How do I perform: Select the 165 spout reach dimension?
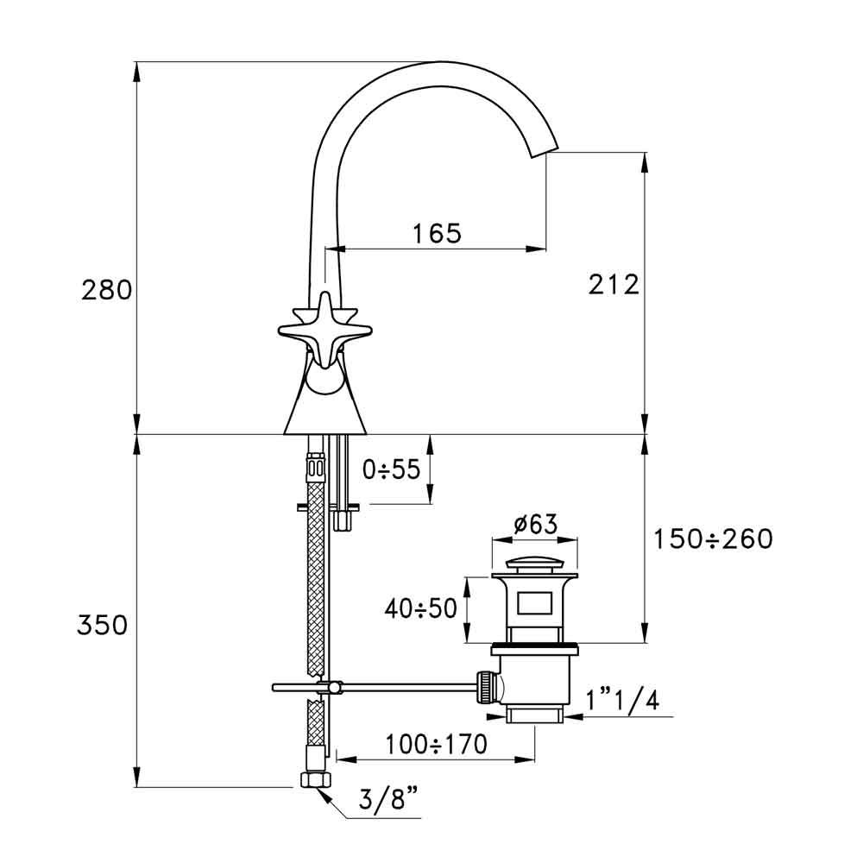436,233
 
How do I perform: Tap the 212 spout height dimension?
614,284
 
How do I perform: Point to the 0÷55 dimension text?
391,469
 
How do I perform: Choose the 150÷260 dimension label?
713,539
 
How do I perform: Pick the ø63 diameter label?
534,524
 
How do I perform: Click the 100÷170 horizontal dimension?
437,744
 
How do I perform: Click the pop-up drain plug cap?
534,566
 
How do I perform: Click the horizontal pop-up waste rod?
397,687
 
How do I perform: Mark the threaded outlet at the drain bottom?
535,714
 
